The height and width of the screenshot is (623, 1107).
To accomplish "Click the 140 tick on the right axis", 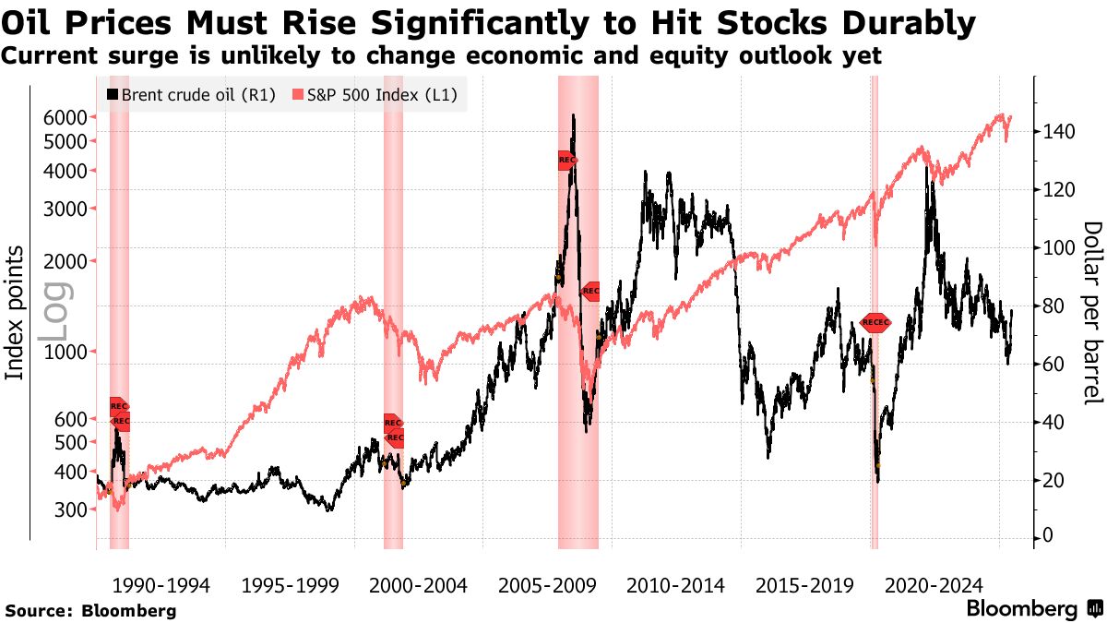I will [1058, 132].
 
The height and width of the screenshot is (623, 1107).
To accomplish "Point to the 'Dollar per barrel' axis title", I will [1092, 312].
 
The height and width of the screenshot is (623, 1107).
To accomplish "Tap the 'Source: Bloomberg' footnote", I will [90, 611].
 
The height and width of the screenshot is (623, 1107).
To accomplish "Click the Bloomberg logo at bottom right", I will [1033, 609].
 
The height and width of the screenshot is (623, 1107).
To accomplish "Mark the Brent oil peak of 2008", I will [573, 116].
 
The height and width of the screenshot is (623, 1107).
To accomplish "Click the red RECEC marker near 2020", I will [875, 322].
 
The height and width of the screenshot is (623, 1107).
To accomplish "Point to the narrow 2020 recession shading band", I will [875, 415].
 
